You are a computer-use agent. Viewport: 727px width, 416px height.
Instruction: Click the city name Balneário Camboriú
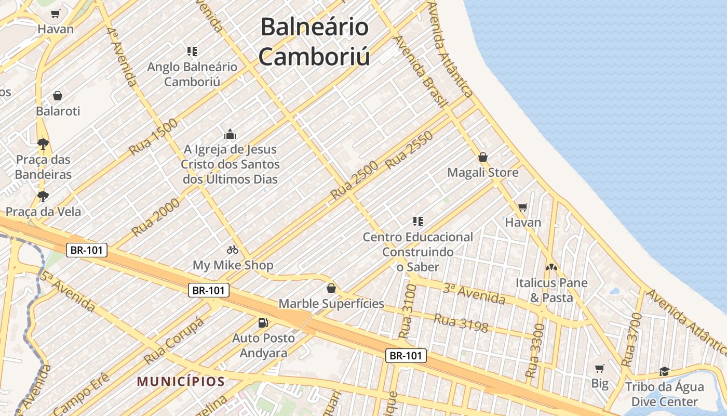click(314, 42)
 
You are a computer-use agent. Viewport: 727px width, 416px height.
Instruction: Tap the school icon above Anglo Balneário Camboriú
click(192, 51)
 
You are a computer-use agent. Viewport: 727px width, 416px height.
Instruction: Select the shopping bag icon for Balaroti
click(58, 96)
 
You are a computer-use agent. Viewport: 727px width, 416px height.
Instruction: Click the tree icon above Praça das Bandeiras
click(43, 144)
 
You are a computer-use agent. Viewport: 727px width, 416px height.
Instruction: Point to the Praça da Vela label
click(43, 212)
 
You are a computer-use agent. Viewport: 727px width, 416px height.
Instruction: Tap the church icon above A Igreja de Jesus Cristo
click(230, 134)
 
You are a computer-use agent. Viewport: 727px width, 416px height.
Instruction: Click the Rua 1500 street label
click(153, 137)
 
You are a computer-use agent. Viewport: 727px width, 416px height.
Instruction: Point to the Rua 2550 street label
click(409, 150)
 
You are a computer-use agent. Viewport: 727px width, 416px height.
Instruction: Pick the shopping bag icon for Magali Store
click(483, 157)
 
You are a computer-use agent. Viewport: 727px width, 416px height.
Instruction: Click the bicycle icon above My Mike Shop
click(233, 250)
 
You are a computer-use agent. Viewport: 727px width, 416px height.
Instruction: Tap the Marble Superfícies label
click(331, 304)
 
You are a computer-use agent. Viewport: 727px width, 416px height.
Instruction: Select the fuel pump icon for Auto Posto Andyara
click(263, 323)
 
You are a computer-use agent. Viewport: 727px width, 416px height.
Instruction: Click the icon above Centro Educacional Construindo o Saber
click(418, 222)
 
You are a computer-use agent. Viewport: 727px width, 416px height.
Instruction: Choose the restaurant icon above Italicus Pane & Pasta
click(551, 267)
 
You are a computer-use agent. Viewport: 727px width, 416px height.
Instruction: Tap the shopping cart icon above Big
click(600, 368)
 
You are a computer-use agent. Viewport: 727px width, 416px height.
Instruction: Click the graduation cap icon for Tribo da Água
click(664, 371)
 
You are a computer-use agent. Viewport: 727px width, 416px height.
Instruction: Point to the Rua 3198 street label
click(461, 323)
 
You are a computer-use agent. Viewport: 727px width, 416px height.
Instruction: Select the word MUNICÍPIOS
click(181, 382)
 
